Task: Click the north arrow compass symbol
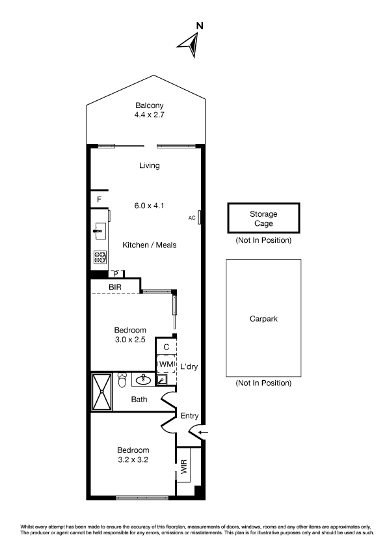[x=191, y=44]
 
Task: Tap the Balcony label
[x=150, y=105]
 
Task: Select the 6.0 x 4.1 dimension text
[x=149, y=206]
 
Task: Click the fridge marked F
[x=100, y=200]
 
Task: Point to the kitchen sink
[x=100, y=231]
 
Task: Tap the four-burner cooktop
[x=100, y=257]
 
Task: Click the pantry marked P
[x=116, y=274]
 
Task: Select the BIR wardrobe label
[x=115, y=287]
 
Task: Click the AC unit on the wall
[x=199, y=217]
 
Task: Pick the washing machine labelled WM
[x=167, y=364]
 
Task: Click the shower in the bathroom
[x=101, y=392]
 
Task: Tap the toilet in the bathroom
[x=122, y=379]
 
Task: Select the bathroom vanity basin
[x=143, y=379]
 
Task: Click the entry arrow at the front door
[x=203, y=433]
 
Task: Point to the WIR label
[x=184, y=467]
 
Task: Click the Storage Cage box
[x=263, y=218]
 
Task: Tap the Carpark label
[x=263, y=319]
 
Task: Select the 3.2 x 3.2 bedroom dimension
[x=133, y=459]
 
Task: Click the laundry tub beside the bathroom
[x=162, y=379]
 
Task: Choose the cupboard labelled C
[x=167, y=347]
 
